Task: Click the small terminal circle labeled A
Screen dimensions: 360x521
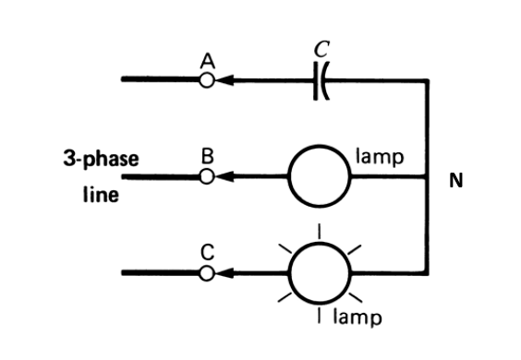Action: click(208, 80)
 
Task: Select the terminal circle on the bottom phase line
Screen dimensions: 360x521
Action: click(208, 272)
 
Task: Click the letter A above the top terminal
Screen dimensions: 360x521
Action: click(208, 61)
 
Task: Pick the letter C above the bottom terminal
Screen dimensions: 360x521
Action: click(208, 252)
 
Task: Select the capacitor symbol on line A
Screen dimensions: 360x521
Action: click(321, 80)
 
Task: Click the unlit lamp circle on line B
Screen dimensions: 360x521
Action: click(320, 175)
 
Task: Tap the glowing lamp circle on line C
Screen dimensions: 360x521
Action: click(320, 272)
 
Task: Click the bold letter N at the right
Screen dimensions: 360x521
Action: click(455, 180)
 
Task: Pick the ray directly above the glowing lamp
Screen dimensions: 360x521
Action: click(320, 229)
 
